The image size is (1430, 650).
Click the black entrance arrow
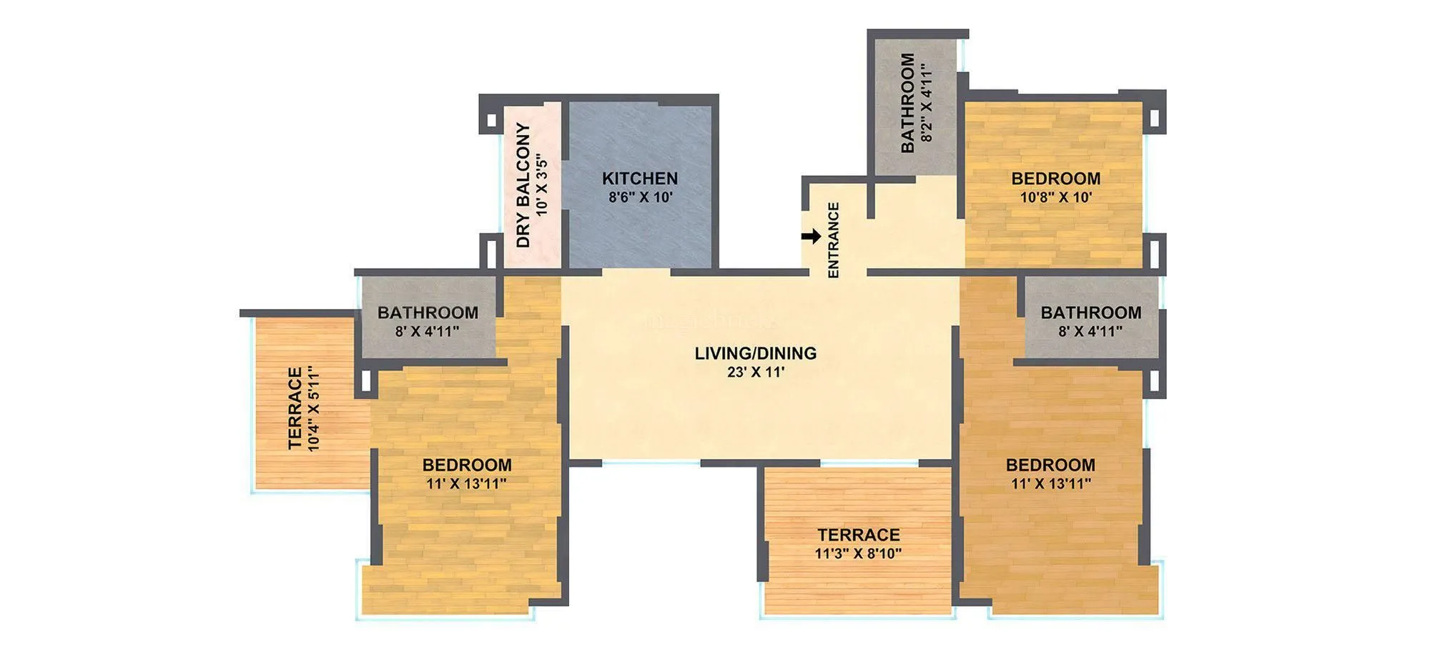[x=811, y=237]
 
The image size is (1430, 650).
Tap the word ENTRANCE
[x=833, y=240]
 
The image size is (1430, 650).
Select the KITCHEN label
[x=639, y=179]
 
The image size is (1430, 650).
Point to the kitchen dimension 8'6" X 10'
[x=641, y=197]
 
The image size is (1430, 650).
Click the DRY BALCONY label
[x=524, y=186]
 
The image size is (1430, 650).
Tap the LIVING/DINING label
[x=755, y=353]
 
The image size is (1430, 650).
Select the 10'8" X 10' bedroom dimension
[x=1055, y=197]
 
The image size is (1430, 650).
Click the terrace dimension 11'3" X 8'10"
[x=858, y=553]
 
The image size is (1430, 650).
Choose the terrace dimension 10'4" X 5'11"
[x=313, y=409]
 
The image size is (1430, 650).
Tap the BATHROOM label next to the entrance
[x=908, y=103]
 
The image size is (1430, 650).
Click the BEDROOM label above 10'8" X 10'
[x=1055, y=179]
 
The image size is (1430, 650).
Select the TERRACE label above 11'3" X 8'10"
[x=858, y=535]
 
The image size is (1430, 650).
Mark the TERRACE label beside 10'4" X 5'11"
[x=295, y=409]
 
